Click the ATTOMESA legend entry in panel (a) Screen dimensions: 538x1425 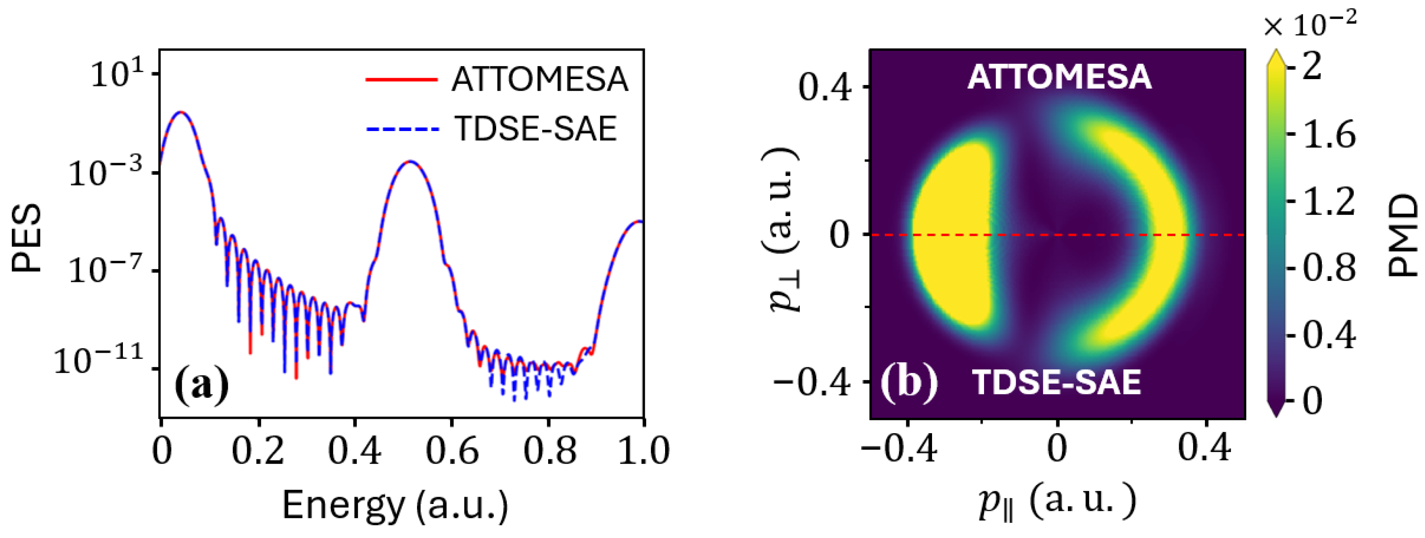pyautogui.click(x=539, y=80)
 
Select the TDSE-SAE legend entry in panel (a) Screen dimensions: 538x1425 pyautogui.click(x=535, y=129)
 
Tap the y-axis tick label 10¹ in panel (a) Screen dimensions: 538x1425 pyautogui.click(x=116, y=74)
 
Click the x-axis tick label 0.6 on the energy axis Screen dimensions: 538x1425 pyautogui.click(x=452, y=451)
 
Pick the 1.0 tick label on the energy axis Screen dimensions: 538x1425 pyautogui.click(x=643, y=451)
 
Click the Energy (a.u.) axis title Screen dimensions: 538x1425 pyautogui.click(x=395, y=505)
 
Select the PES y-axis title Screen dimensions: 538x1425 pyautogui.click(x=27, y=238)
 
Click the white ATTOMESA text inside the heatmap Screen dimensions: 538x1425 pyautogui.click(x=1059, y=77)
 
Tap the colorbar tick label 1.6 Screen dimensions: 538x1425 pyautogui.click(x=1329, y=134)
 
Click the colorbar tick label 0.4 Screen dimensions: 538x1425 pyautogui.click(x=1329, y=334)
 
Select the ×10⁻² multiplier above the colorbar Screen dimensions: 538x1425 pyautogui.click(x=1310, y=25)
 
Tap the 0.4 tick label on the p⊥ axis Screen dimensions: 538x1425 pyautogui.click(x=823, y=87)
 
